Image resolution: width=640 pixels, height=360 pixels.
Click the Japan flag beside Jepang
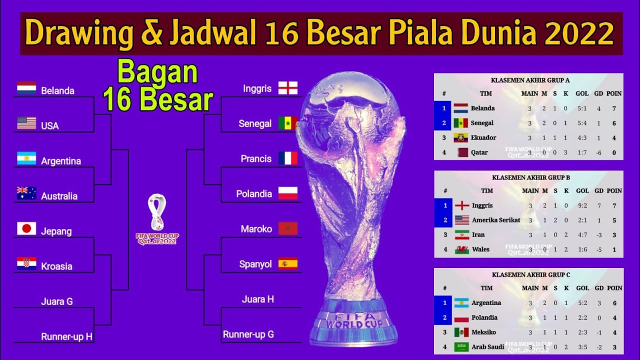26,229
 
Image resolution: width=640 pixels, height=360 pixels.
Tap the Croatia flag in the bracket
26,264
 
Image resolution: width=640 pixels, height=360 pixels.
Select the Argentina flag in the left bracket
26,158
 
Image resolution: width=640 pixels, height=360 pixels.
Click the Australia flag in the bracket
26,193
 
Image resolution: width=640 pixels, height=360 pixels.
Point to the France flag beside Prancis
287,158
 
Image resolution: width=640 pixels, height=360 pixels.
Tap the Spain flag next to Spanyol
287,263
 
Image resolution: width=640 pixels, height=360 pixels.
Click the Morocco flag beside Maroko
287,228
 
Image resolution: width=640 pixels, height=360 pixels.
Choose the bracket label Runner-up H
66,337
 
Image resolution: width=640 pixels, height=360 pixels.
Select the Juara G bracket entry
56,301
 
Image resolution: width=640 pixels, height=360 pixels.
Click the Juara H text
257,299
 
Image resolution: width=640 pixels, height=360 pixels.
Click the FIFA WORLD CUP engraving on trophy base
355,320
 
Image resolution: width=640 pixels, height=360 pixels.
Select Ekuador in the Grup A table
482,137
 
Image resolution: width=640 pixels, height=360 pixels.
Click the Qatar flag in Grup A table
460,152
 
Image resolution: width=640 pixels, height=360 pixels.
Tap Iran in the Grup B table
478,234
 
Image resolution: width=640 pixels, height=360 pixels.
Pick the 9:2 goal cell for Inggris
582,205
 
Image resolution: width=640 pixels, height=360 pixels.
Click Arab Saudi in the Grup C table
487,346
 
